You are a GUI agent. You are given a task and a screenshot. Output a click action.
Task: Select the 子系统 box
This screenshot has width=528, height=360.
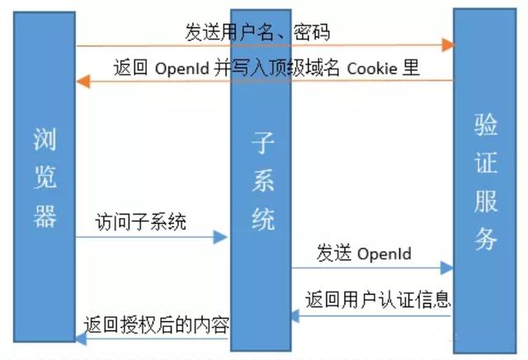click(x=261, y=182)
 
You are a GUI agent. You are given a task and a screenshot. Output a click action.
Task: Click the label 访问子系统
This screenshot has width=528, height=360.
click(x=140, y=221)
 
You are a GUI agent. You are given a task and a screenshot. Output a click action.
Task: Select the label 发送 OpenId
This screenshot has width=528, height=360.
click(x=363, y=253)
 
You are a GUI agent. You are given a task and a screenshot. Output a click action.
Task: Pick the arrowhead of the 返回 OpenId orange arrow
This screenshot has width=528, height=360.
click(x=82, y=81)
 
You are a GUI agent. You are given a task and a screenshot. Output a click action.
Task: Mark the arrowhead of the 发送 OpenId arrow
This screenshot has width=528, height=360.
click(x=447, y=268)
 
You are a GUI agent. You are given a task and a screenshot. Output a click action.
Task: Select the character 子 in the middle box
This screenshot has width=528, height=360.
click(x=262, y=145)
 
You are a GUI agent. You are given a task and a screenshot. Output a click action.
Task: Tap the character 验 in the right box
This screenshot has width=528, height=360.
click(x=485, y=124)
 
